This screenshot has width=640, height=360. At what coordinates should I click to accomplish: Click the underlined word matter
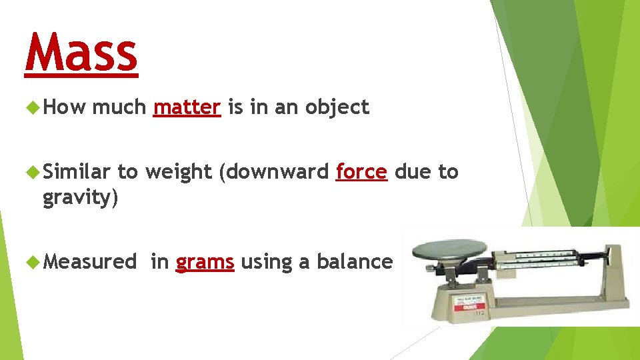187,107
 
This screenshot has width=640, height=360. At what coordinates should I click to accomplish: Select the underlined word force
361,171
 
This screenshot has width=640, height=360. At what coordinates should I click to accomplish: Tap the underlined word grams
205,262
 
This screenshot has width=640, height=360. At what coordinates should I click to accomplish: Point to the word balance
354,262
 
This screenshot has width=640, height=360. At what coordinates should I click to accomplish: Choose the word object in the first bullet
337,108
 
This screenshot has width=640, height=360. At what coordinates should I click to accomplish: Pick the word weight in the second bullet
178,172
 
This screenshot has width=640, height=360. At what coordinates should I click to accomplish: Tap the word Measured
89,262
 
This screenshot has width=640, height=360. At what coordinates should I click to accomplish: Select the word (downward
273,171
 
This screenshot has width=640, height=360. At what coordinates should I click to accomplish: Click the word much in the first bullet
119,107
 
